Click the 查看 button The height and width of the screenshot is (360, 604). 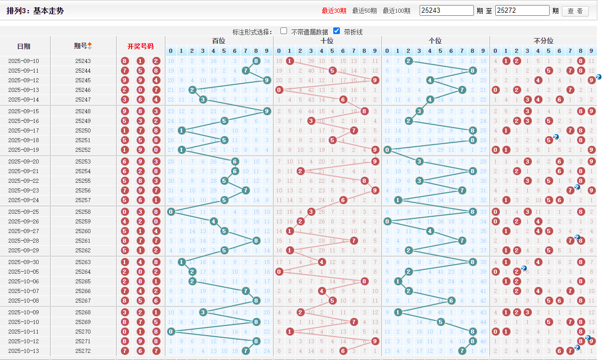pyautogui.click(x=575, y=11)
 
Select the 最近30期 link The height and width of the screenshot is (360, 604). pyautogui.click(x=334, y=11)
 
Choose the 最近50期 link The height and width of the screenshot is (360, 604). pyautogui.click(x=364, y=11)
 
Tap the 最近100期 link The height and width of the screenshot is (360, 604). pyautogui.click(x=396, y=11)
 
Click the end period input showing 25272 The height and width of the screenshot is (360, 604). pyautogui.click(x=522, y=11)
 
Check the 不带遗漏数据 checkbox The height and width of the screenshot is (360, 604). pyautogui.click(x=284, y=31)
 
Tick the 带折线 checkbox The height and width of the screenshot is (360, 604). pyautogui.click(x=336, y=31)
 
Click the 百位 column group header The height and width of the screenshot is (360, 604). pyautogui.click(x=219, y=41)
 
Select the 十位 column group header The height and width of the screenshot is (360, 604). pyautogui.click(x=327, y=41)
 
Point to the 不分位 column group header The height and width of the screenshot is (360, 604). pyautogui.click(x=543, y=41)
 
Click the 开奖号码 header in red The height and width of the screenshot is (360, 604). pyautogui.click(x=140, y=46)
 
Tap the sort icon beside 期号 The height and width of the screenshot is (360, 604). pyautogui.click(x=90, y=46)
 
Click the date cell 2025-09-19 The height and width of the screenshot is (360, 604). pyautogui.click(x=24, y=150)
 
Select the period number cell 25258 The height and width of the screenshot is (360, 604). pyautogui.click(x=83, y=212)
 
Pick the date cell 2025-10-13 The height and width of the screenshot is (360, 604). pyautogui.click(x=24, y=351)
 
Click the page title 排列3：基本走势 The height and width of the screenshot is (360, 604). pyautogui.click(x=35, y=11)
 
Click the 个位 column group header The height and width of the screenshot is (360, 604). pyautogui.click(x=435, y=41)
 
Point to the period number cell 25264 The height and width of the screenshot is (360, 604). pyautogui.click(x=83, y=272)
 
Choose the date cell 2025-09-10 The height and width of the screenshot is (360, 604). pyautogui.click(x=24, y=61)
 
